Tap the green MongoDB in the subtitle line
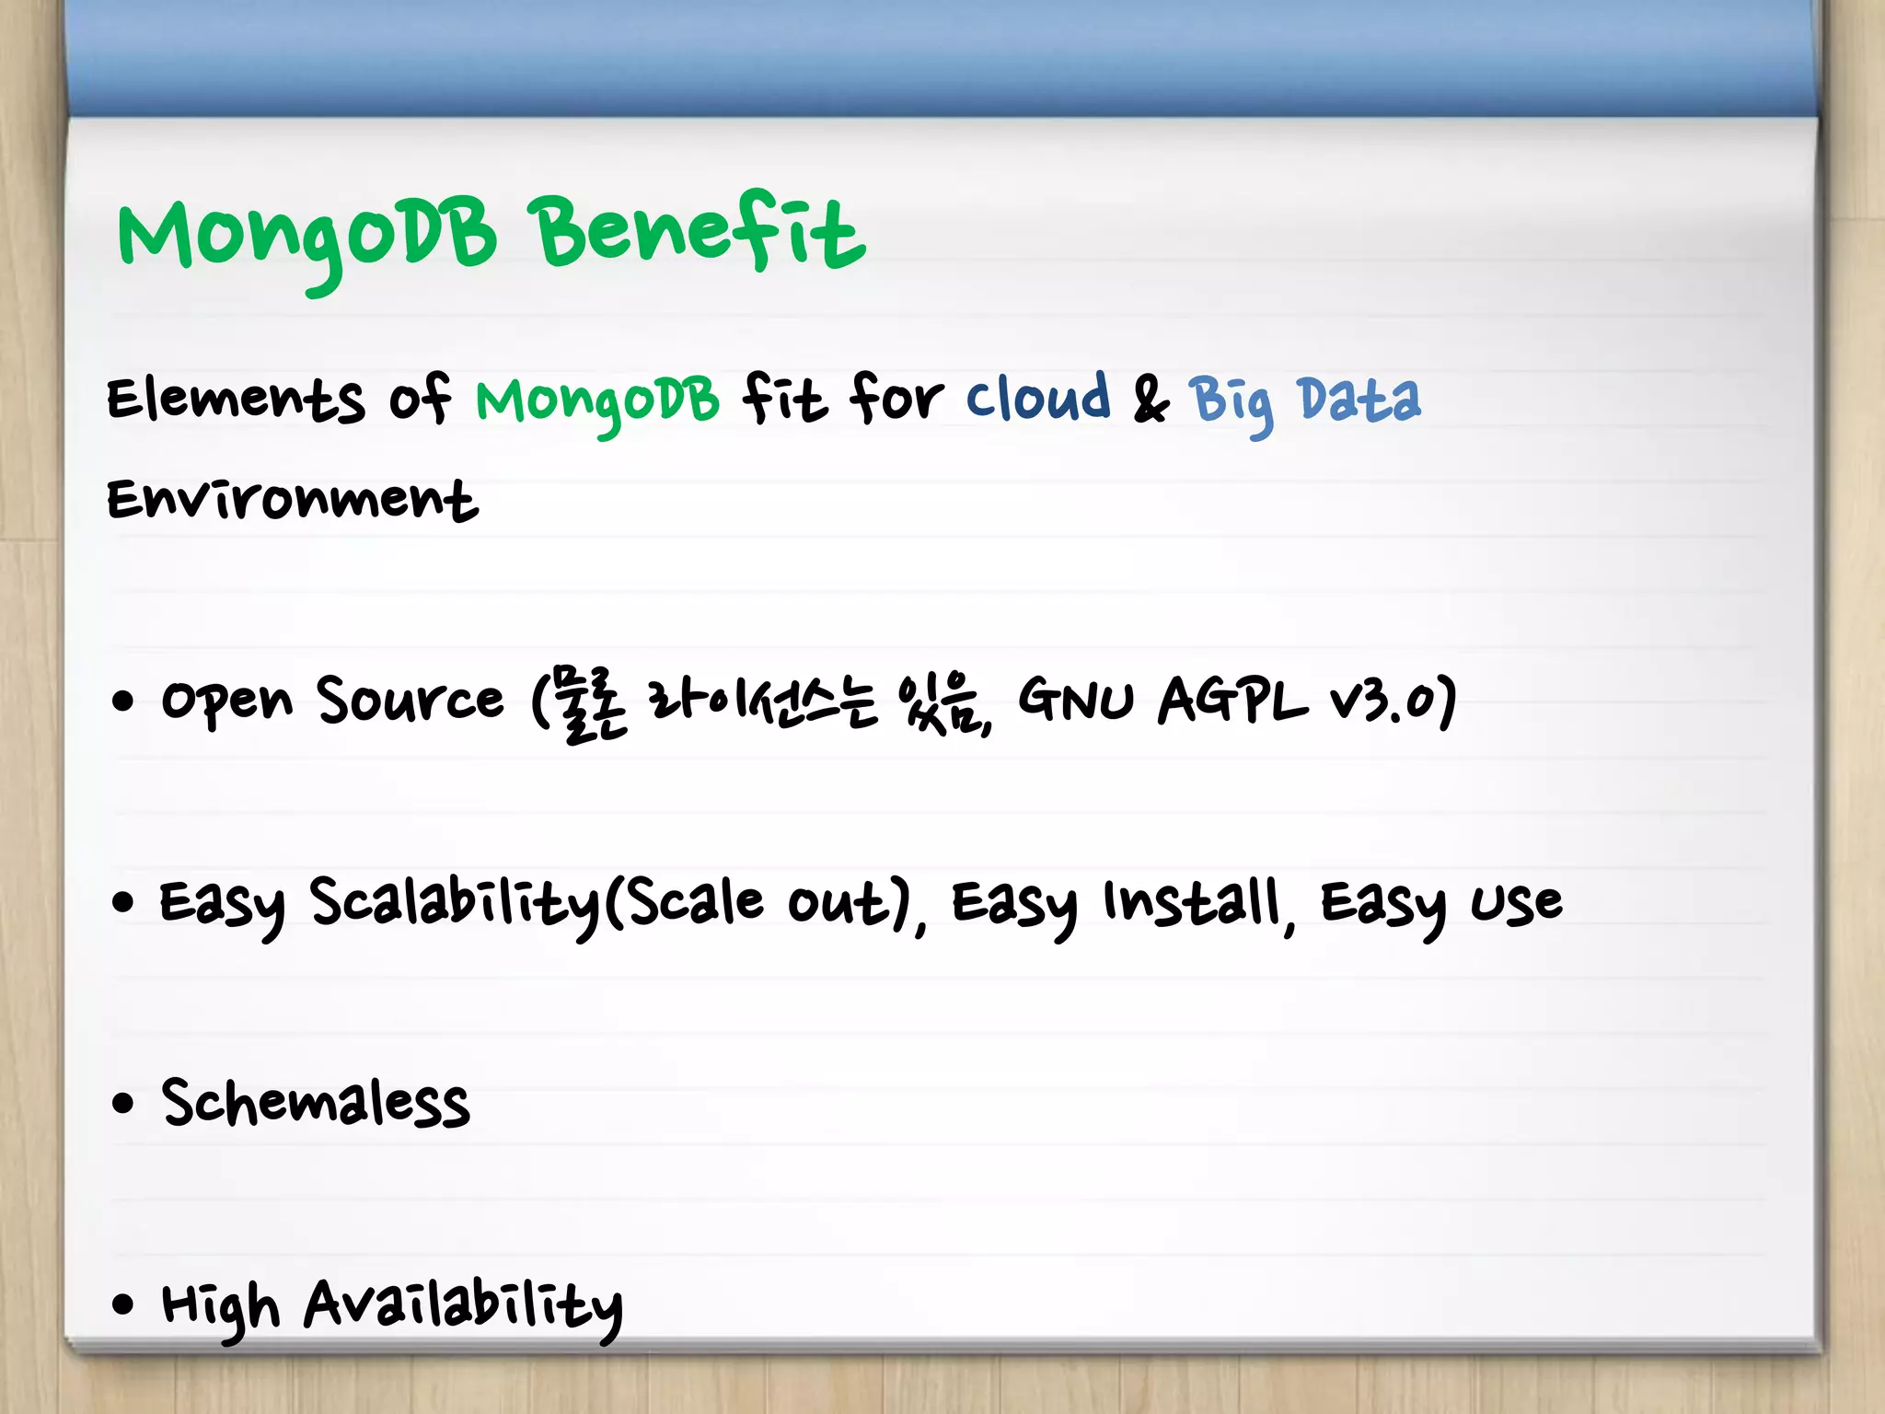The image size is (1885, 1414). (x=596, y=401)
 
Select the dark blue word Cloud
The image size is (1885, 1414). (x=1037, y=399)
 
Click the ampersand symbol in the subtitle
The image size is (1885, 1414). (x=1150, y=401)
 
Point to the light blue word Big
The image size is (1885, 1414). (x=1231, y=402)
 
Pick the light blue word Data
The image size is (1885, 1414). (x=1359, y=400)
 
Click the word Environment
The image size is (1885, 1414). (x=292, y=500)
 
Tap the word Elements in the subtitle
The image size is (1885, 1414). (x=235, y=400)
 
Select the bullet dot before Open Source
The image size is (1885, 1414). (x=122, y=702)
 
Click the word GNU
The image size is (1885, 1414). (x=1074, y=700)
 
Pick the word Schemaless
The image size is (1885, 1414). (x=315, y=1103)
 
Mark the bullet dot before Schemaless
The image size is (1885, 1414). (x=122, y=1103)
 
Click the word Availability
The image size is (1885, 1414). (x=463, y=1305)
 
